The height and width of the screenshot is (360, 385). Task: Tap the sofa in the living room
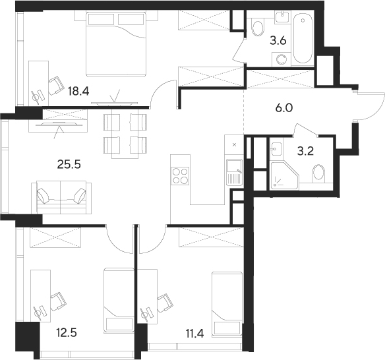(x=61, y=196)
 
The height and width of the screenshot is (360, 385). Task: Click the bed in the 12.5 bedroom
(x=117, y=301)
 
